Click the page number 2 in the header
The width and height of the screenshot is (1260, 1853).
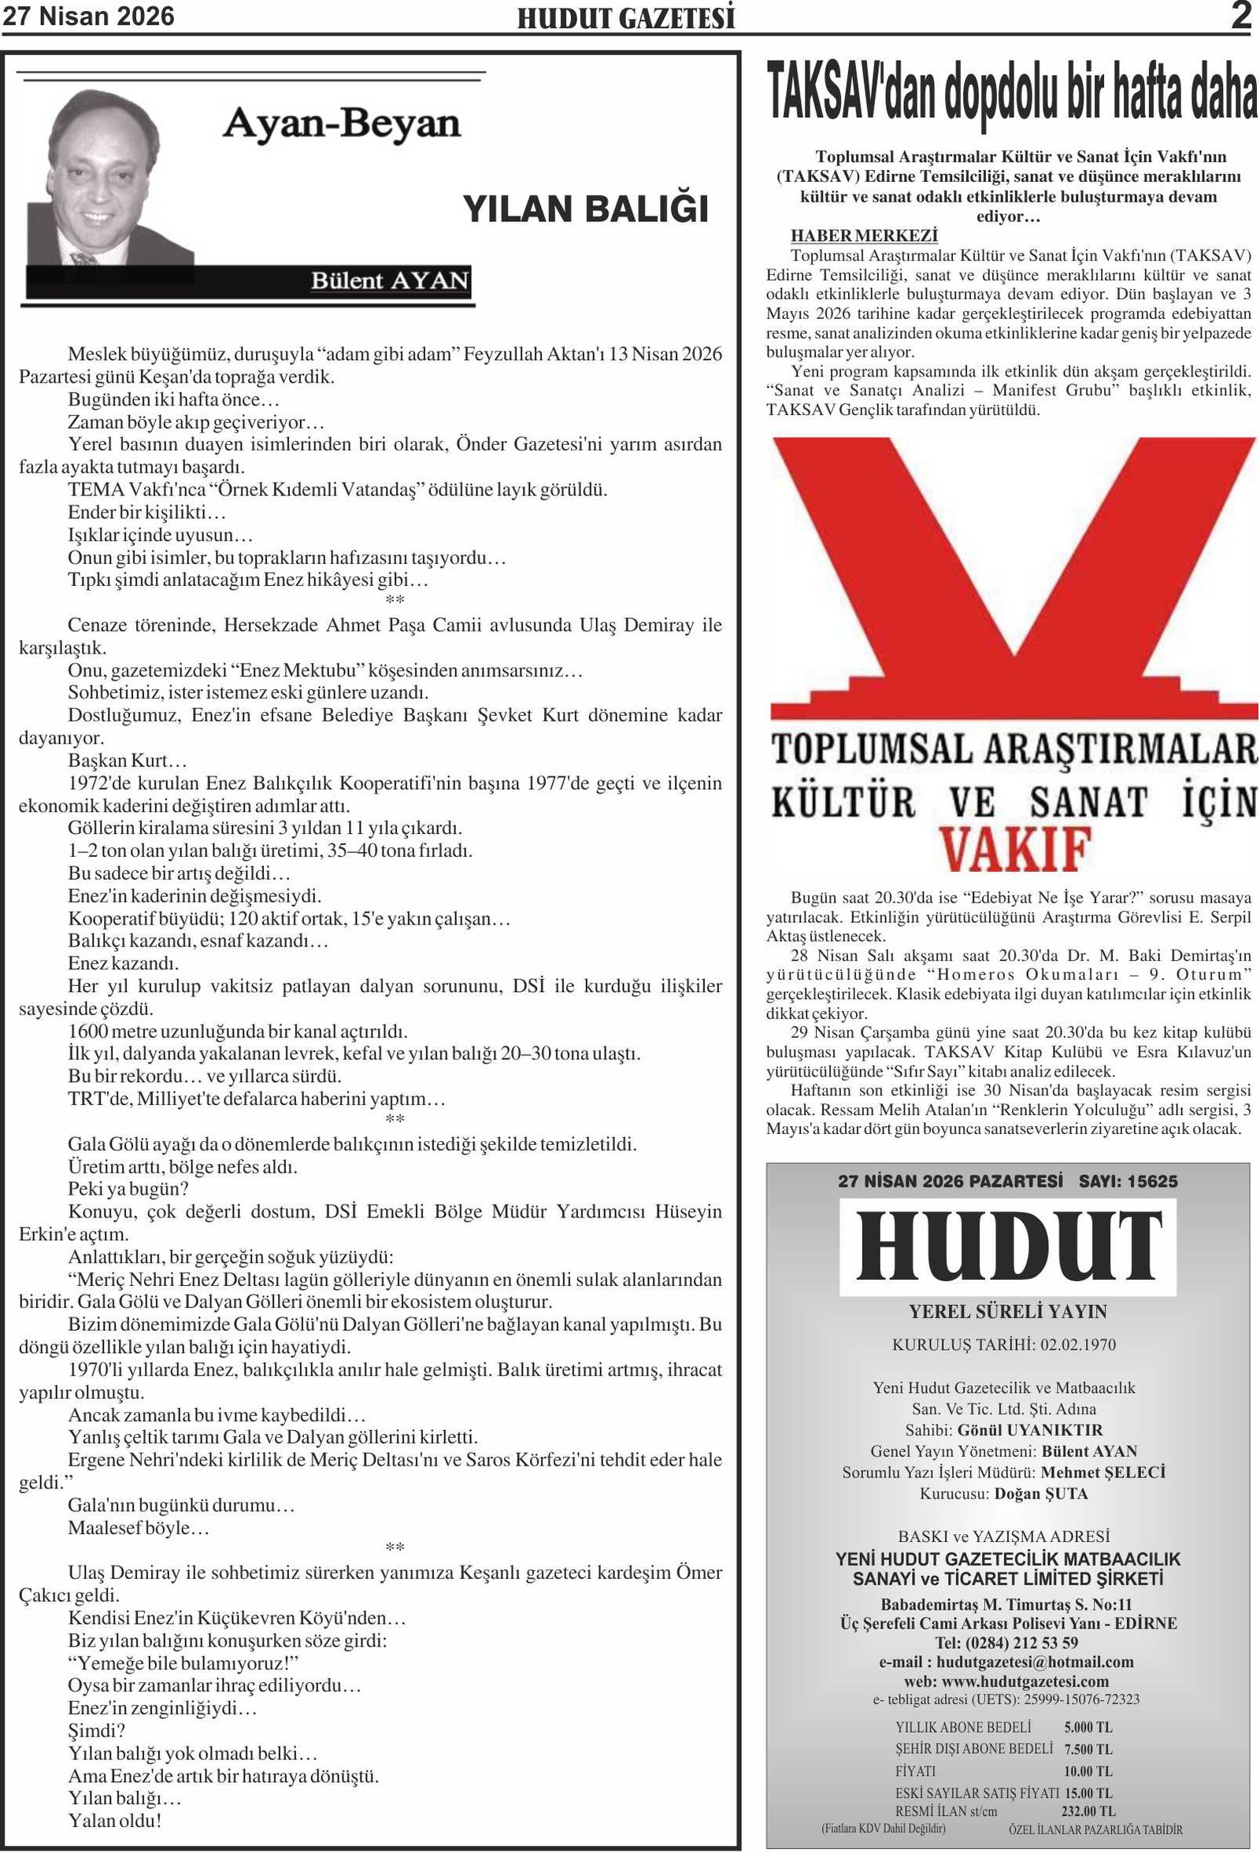(1241, 17)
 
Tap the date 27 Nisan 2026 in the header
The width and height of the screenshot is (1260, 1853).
(88, 17)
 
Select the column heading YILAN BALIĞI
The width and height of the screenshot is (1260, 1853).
(585, 209)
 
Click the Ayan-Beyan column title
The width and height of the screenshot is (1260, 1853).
(341, 124)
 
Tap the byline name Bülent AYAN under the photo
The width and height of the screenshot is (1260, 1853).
(389, 280)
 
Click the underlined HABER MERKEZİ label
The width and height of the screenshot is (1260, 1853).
(864, 235)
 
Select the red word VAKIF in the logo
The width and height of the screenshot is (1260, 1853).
(1014, 848)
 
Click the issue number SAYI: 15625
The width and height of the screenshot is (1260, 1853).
(1128, 1180)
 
